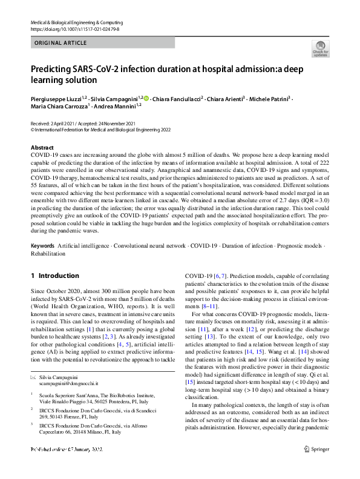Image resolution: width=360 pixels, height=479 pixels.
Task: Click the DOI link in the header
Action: click(x=68, y=28)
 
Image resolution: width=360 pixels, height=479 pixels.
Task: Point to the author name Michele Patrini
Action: click(x=270, y=98)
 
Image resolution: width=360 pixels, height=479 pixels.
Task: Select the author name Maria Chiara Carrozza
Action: click(x=59, y=106)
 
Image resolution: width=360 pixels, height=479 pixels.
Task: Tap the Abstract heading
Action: click(x=42, y=148)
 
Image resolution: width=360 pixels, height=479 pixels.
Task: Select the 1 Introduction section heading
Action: click(x=54, y=276)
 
